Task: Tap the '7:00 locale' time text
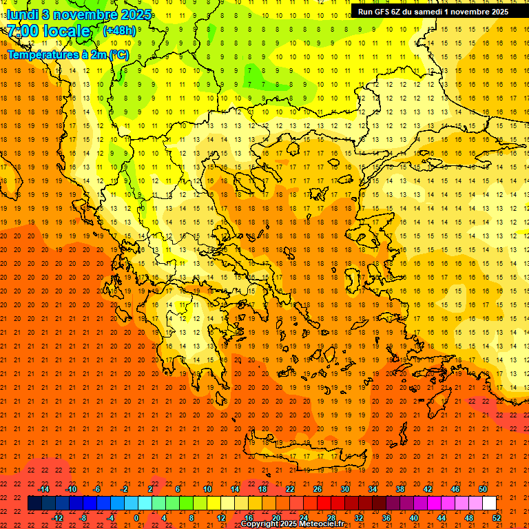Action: coord(48,31)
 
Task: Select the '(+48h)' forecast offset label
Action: coord(119,31)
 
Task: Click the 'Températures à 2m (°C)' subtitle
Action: coord(68,54)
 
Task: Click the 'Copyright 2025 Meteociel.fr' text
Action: coord(292,524)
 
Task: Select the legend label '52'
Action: coord(497,518)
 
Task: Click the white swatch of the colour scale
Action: coord(489,504)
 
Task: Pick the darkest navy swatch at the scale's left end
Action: coord(34,504)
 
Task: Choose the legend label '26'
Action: coord(318,489)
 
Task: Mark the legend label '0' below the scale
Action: coord(136,518)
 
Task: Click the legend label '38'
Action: coord(400,489)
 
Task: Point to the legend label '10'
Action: coord(207,489)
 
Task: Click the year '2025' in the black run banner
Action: coord(495,11)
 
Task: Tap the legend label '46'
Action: coord(455,489)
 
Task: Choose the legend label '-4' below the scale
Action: coord(110,518)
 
